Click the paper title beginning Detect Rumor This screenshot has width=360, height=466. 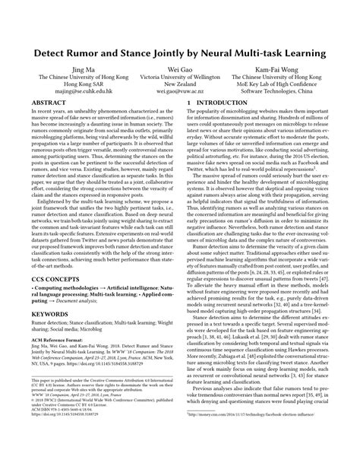click(180, 55)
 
